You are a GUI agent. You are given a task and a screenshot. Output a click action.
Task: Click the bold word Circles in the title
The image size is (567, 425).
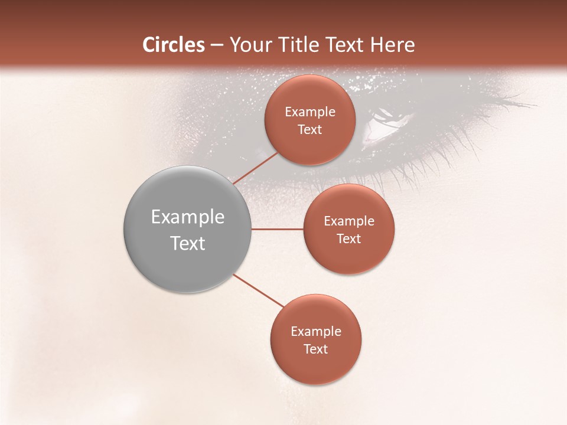174,45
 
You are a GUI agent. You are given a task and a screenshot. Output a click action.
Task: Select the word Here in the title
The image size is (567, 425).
392,45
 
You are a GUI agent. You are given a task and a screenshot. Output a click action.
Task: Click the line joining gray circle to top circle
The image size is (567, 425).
256,168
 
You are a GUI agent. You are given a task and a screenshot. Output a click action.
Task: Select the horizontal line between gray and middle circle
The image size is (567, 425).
278,229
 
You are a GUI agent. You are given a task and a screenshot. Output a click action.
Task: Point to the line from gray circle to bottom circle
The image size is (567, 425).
260,291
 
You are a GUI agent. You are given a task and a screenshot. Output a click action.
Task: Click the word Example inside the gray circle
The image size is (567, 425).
188,217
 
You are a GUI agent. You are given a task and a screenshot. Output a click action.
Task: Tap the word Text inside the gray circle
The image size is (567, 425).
188,243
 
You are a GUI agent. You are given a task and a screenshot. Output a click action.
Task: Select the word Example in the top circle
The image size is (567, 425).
310,112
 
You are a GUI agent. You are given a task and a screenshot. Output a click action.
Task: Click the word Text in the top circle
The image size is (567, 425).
310,130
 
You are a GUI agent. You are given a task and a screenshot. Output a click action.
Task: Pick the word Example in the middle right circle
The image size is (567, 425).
349,221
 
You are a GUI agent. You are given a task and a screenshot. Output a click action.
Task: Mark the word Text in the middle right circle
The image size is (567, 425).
349,239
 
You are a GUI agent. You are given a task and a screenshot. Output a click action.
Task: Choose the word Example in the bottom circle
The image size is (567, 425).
316,332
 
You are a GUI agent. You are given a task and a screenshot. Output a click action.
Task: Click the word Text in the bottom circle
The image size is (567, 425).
316,349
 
